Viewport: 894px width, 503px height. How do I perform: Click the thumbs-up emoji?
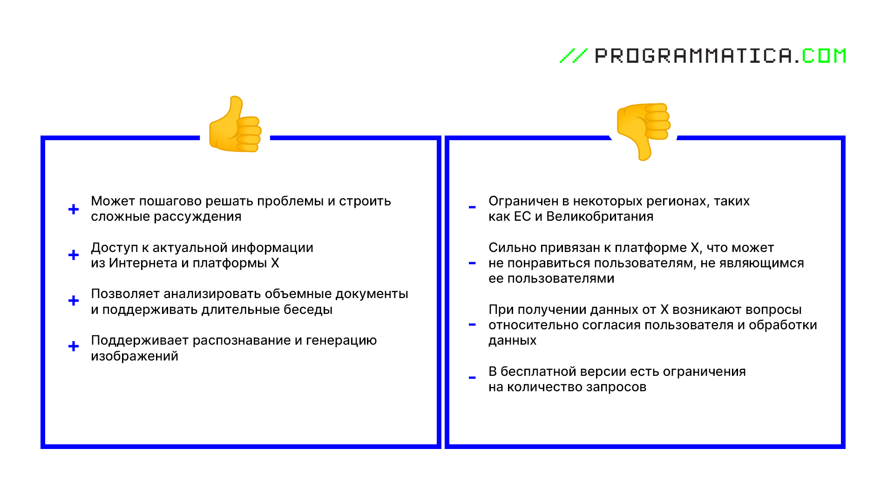point(235,124)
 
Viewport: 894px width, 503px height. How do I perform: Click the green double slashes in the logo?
point(574,56)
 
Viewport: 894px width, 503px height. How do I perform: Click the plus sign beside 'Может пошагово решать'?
point(74,209)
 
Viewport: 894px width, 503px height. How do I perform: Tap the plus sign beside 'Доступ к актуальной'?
point(74,255)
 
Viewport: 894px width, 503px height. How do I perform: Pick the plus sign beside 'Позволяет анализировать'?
point(74,300)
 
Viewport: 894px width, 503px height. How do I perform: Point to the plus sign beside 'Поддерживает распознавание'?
point(74,346)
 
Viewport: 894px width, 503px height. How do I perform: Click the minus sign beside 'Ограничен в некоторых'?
point(472,207)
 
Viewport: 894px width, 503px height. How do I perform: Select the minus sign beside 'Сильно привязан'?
point(472,263)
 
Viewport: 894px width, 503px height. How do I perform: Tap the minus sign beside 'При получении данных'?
point(472,325)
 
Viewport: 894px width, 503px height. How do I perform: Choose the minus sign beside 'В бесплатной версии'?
point(472,378)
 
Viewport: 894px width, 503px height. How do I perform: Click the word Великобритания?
point(600,217)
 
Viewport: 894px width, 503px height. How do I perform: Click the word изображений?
point(135,356)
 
